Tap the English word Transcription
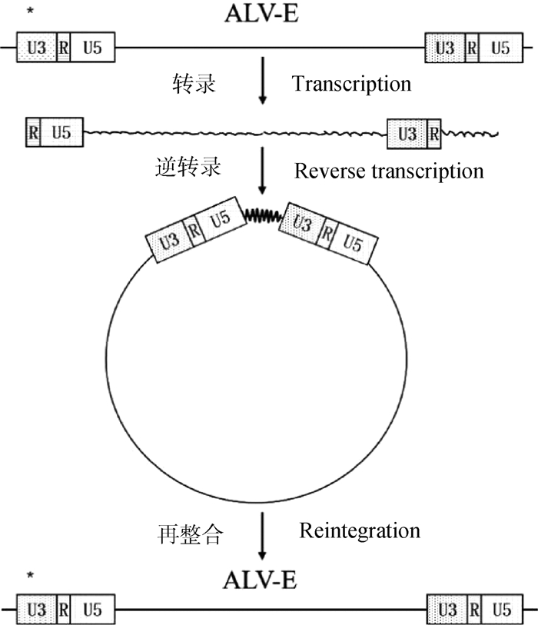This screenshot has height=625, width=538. pos(351,83)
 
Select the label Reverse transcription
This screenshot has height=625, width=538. pos(389,170)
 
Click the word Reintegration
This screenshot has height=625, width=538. pos(360,530)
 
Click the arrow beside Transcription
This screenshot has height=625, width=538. pos(263,85)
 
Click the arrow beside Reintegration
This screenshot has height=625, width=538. pos(263,534)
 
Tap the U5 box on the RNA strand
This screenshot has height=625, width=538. pos(62,133)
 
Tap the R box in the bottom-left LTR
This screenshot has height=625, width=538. pos(65,611)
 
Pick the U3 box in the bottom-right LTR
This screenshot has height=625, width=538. pos(445,611)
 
